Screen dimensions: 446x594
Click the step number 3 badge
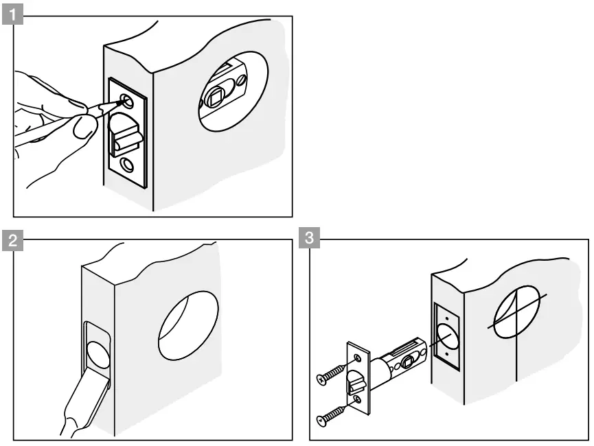[x=310, y=240]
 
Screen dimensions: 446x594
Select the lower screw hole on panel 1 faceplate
[x=127, y=164]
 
